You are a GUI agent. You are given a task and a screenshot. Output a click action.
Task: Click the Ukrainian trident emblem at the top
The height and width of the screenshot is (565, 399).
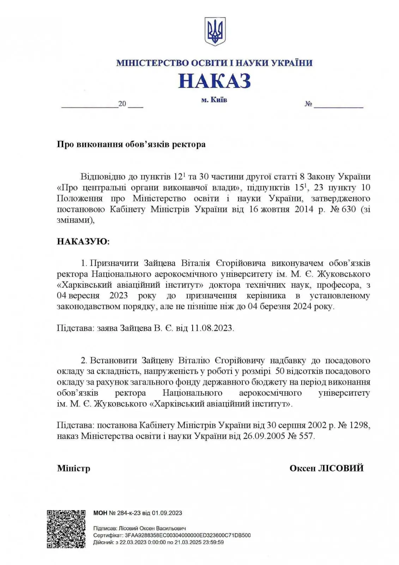[215, 31]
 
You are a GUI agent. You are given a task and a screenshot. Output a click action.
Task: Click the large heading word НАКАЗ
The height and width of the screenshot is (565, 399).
[214, 81]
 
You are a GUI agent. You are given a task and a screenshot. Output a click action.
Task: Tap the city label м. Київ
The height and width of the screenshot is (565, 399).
[214, 100]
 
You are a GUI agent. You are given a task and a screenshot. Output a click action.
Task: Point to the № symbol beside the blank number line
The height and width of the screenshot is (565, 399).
[308, 104]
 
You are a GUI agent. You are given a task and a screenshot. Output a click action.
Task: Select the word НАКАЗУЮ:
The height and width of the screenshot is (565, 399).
[83, 242]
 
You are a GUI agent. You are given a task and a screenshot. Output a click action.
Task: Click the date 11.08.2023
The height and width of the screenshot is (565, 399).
[212, 328]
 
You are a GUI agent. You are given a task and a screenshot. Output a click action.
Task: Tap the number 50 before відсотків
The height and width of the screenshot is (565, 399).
[280, 371]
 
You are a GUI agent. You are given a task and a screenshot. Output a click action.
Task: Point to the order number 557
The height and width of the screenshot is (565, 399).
[306, 436]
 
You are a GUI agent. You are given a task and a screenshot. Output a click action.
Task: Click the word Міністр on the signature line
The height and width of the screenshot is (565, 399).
[74, 468]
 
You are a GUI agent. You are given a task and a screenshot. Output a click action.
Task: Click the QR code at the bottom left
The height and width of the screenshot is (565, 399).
[66, 529]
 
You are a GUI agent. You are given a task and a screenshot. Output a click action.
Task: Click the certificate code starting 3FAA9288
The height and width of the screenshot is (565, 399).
[188, 535]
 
